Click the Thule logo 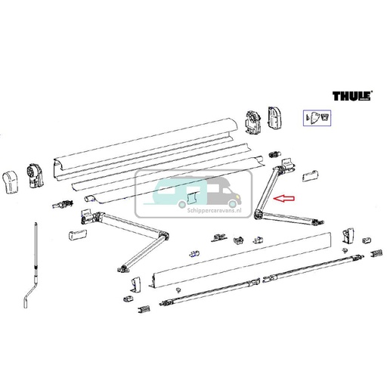tap(354, 97)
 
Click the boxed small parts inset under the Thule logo tap(317, 118)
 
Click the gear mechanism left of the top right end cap tap(252, 119)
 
